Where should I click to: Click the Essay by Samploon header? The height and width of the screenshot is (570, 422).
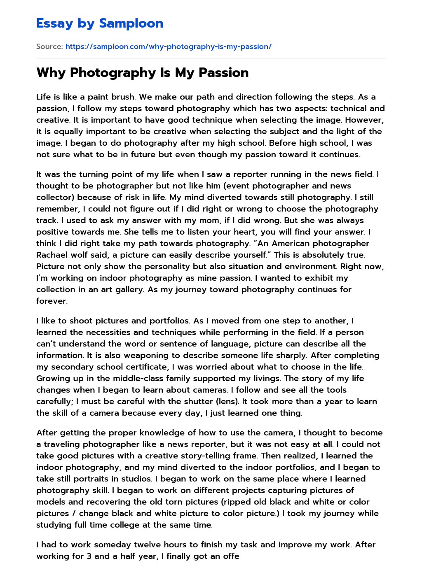(x=100, y=23)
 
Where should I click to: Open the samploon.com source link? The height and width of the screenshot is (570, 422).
(x=168, y=47)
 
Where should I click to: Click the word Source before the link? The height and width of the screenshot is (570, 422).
(x=49, y=47)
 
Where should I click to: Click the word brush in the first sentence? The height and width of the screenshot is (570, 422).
(x=123, y=97)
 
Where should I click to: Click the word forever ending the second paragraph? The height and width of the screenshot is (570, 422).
(x=51, y=301)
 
